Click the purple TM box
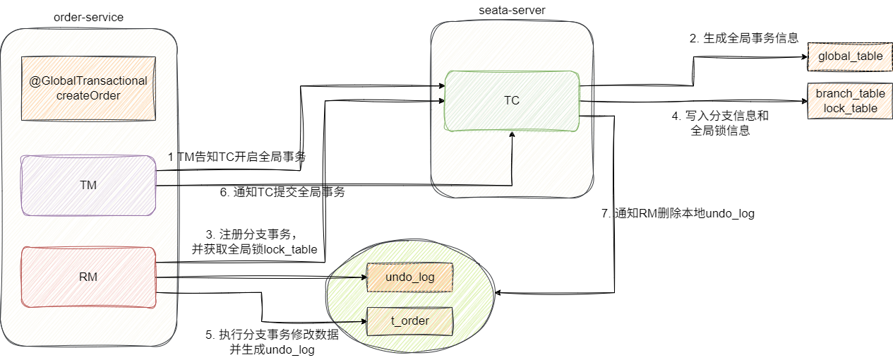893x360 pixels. pyautogui.click(x=88, y=185)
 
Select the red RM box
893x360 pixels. pyautogui.click(x=88, y=277)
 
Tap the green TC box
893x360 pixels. pyautogui.click(x=512, y=100)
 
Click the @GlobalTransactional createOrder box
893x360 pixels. pyautogui.click(x=88, y=88)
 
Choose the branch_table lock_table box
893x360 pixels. pyautogui.click(x=850, y=100)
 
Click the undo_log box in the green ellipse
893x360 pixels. pyautogui.click(x=409, y=277)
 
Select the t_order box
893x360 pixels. pyautogui.click(x=409, y=322)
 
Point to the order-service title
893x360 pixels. pyautogui.click(x=88, y=17)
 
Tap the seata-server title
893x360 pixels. pyautogui.click(x=512, y=11)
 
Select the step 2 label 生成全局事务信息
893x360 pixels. pyautogui.click(x=744, y=39)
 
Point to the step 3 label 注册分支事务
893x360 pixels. pyautogui.click(x=254, y=241)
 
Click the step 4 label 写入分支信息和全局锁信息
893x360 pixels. pyautogui.click(x=720, y=123)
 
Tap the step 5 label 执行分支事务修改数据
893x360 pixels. pyautogui.click(x=272, y=342)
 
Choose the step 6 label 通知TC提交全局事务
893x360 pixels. pyautogui.click(x=282, y=191)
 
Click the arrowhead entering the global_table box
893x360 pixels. pyautogui.click(x=803, y=56)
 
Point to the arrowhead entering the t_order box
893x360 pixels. pyautogui.click(x=363, y=322)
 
